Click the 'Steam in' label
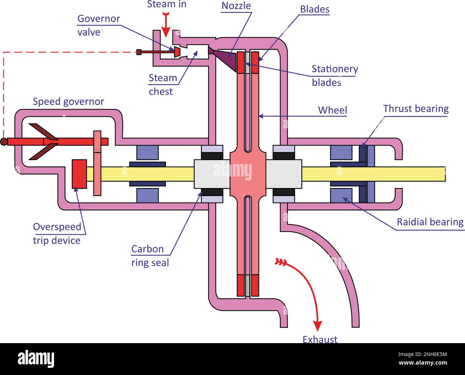167,5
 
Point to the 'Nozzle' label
236,6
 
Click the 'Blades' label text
314,9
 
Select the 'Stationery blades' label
334,75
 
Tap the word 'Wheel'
332,110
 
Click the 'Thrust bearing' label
416,109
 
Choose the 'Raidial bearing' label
430,222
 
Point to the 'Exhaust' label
320,339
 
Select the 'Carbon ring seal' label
150,256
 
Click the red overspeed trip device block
79,174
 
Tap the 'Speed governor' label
68,101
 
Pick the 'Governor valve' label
98,25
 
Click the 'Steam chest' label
162,85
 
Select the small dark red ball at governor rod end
4,142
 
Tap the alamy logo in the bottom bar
36,359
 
